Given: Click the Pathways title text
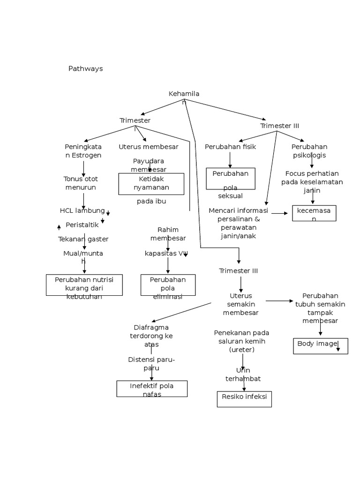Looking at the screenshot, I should (85, 68).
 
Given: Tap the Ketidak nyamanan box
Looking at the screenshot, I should (151, 183).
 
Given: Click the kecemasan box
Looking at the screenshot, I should (314, 213).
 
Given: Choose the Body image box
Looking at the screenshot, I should (320, 345).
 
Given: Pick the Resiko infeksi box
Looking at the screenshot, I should (244, 399).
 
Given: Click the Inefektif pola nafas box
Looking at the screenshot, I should (151, 389).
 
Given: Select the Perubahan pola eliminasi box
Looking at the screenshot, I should (168, 285).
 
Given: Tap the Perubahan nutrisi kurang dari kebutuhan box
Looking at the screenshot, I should (84, 285).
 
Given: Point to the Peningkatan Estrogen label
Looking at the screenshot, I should (83, 151).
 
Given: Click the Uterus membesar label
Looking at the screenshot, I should (149, 147).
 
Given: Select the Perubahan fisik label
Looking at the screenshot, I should (230, 147).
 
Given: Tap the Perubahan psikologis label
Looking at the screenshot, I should (309, 151).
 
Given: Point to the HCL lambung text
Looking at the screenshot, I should (82, 210).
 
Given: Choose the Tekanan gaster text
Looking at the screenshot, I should (83, 239).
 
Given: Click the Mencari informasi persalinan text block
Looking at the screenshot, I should (238, 223).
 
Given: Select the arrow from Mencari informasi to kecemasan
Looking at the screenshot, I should (280, 213).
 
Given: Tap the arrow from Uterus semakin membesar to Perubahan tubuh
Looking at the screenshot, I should (279, 301).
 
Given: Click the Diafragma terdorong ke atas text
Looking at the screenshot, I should (151, 336).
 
